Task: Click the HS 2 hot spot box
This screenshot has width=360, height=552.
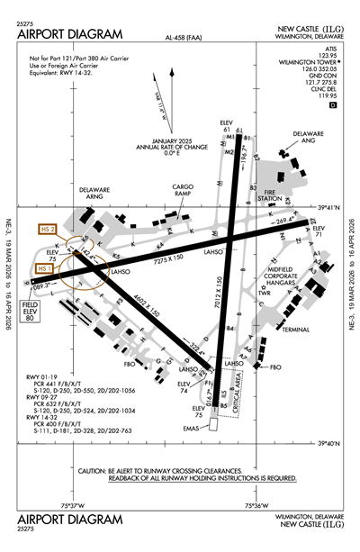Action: tap(49, 231)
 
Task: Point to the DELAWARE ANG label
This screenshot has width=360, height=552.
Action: tap(309, 140)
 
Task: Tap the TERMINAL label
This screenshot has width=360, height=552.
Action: tap(293, 330)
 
